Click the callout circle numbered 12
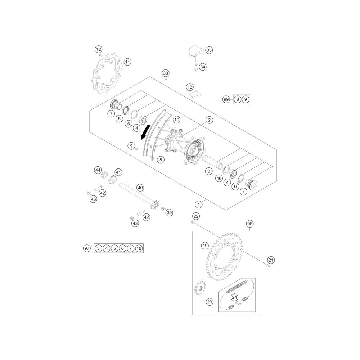pos(99,49)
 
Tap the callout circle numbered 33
pos(209,50)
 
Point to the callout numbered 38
pos(166,73)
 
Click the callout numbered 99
pos(226,99)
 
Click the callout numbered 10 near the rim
pos(176,120)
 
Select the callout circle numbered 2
pos(209,120)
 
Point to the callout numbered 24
pos(234,297)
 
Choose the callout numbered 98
pos(249,224)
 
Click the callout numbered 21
pos(271,260)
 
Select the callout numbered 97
pos(87,248)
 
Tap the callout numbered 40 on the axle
pos(140,188)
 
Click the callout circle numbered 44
pos(98,170)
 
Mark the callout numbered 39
pos(169,213)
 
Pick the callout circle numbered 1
pos(199,204)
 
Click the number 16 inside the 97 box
pos(139,248)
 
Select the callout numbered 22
pos(196,216)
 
